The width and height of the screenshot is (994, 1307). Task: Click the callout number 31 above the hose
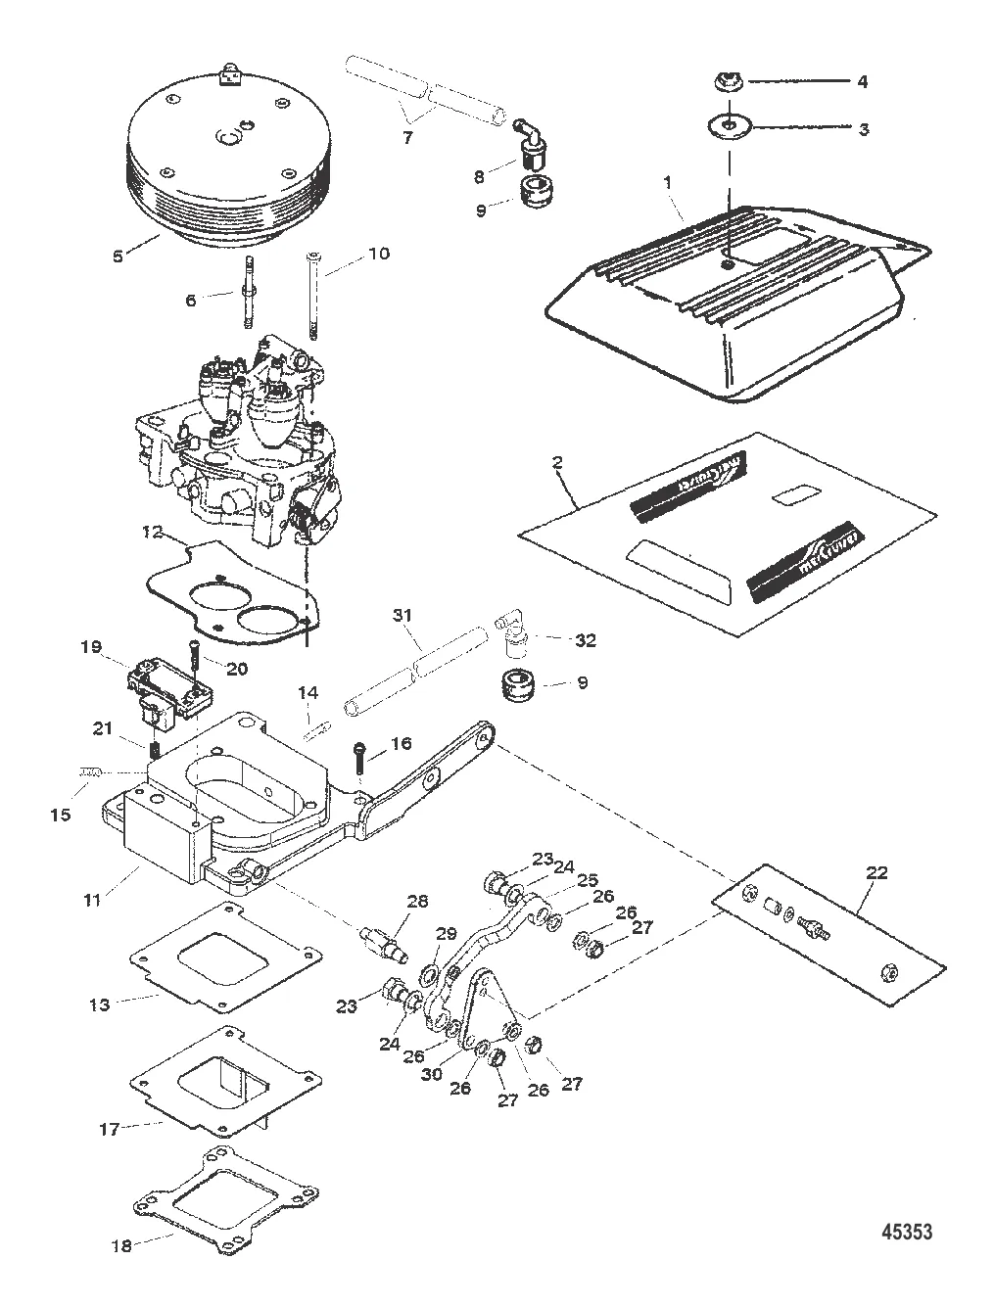coord(402,617)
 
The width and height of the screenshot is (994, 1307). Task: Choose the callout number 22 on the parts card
coord(877,872)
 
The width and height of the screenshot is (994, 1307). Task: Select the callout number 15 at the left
coord(61,786)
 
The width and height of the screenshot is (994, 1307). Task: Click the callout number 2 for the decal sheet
coord(556,462)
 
